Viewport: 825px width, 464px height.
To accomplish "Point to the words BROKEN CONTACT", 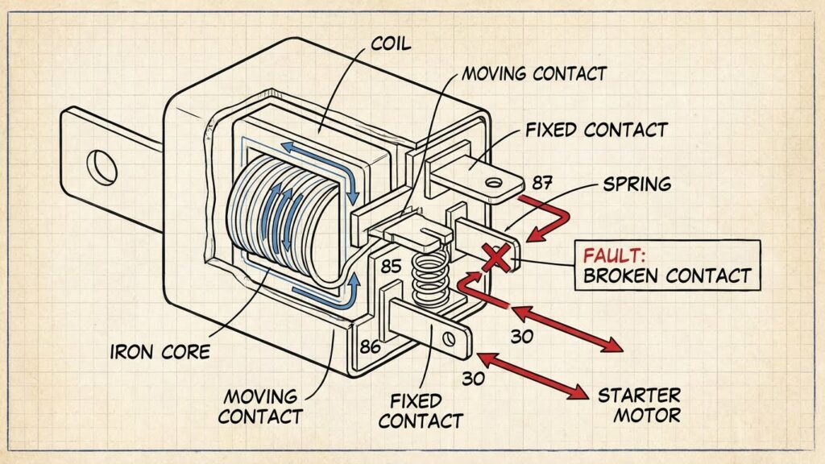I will [665, 276].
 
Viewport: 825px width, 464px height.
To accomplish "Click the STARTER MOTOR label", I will [638, 405].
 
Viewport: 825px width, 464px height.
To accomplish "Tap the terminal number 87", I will [542, 184].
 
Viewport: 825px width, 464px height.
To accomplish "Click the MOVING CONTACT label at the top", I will [533, 74].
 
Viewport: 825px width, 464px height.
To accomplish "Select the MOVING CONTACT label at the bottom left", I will [260, 406].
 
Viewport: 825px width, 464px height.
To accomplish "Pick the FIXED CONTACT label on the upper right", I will [595, 129].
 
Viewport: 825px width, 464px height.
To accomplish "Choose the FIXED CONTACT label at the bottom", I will [420, 410].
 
